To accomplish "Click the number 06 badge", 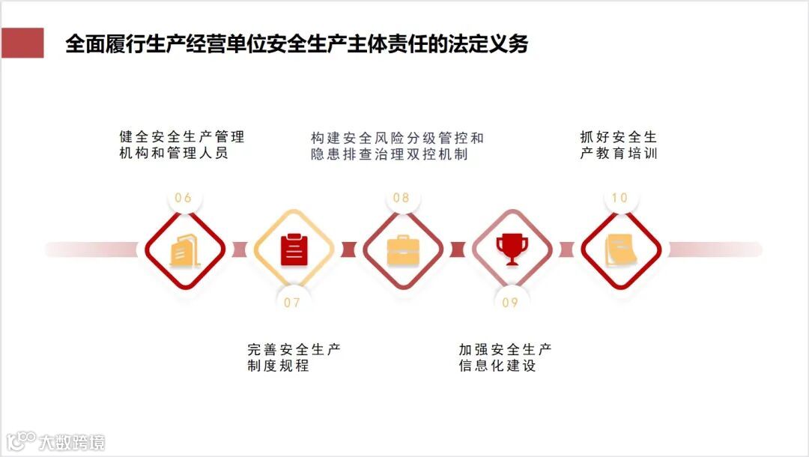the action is click(184, 199).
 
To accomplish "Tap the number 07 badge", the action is click(292, 303).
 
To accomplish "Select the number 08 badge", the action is click(402, 199).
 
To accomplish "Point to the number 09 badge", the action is click(510, 303).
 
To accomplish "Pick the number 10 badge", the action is click(619, 199).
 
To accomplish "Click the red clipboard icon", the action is click(294, 249).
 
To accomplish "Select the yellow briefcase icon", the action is click(403, 249).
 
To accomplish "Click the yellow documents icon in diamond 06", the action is click(184, 250).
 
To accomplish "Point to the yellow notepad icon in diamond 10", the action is click(621, 249).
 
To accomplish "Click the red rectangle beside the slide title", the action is click(22, 43).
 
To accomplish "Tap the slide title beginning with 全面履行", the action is click(297, 43).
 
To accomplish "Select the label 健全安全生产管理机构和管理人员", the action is click(182, 145).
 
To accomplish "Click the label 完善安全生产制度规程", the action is click(294, 358).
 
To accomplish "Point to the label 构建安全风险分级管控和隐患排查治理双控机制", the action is click(397, 146).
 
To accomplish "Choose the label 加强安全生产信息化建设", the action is click(506, 358).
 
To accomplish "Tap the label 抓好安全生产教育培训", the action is click(618, 145).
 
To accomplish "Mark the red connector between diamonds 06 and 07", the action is click(239, 249).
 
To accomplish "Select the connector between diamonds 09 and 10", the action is click(566, 249).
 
